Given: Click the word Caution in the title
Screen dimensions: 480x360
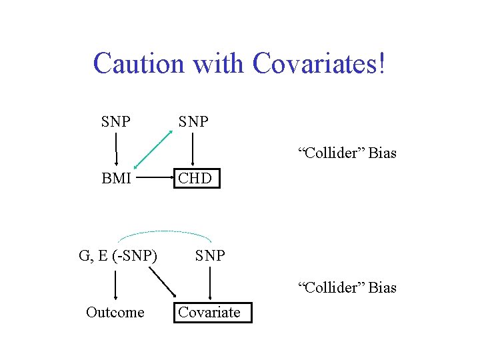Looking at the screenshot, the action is tap(139, 63).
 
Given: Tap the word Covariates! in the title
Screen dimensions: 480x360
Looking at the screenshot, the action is tap(319, 63).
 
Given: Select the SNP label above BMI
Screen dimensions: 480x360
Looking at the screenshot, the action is tap(116, 122).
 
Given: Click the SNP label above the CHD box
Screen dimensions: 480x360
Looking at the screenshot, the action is tap(193, 122).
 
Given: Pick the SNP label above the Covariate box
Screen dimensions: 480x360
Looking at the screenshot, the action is tap(210, 255).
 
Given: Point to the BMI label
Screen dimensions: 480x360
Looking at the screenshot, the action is tap(116, 179).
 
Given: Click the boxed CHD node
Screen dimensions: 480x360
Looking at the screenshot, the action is tap(196, 179).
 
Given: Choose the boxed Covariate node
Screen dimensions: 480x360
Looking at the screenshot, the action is tap(213, 312).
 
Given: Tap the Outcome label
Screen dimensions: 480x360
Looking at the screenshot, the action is tap(115, 312).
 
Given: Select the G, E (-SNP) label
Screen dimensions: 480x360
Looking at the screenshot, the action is tap(118, 255).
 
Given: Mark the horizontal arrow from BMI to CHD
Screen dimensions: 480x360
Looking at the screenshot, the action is tap(155, 179).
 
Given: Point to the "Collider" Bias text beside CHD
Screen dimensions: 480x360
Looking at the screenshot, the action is tap(347, 153).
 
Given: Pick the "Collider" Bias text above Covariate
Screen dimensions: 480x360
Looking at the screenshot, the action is tap(347, 288).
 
